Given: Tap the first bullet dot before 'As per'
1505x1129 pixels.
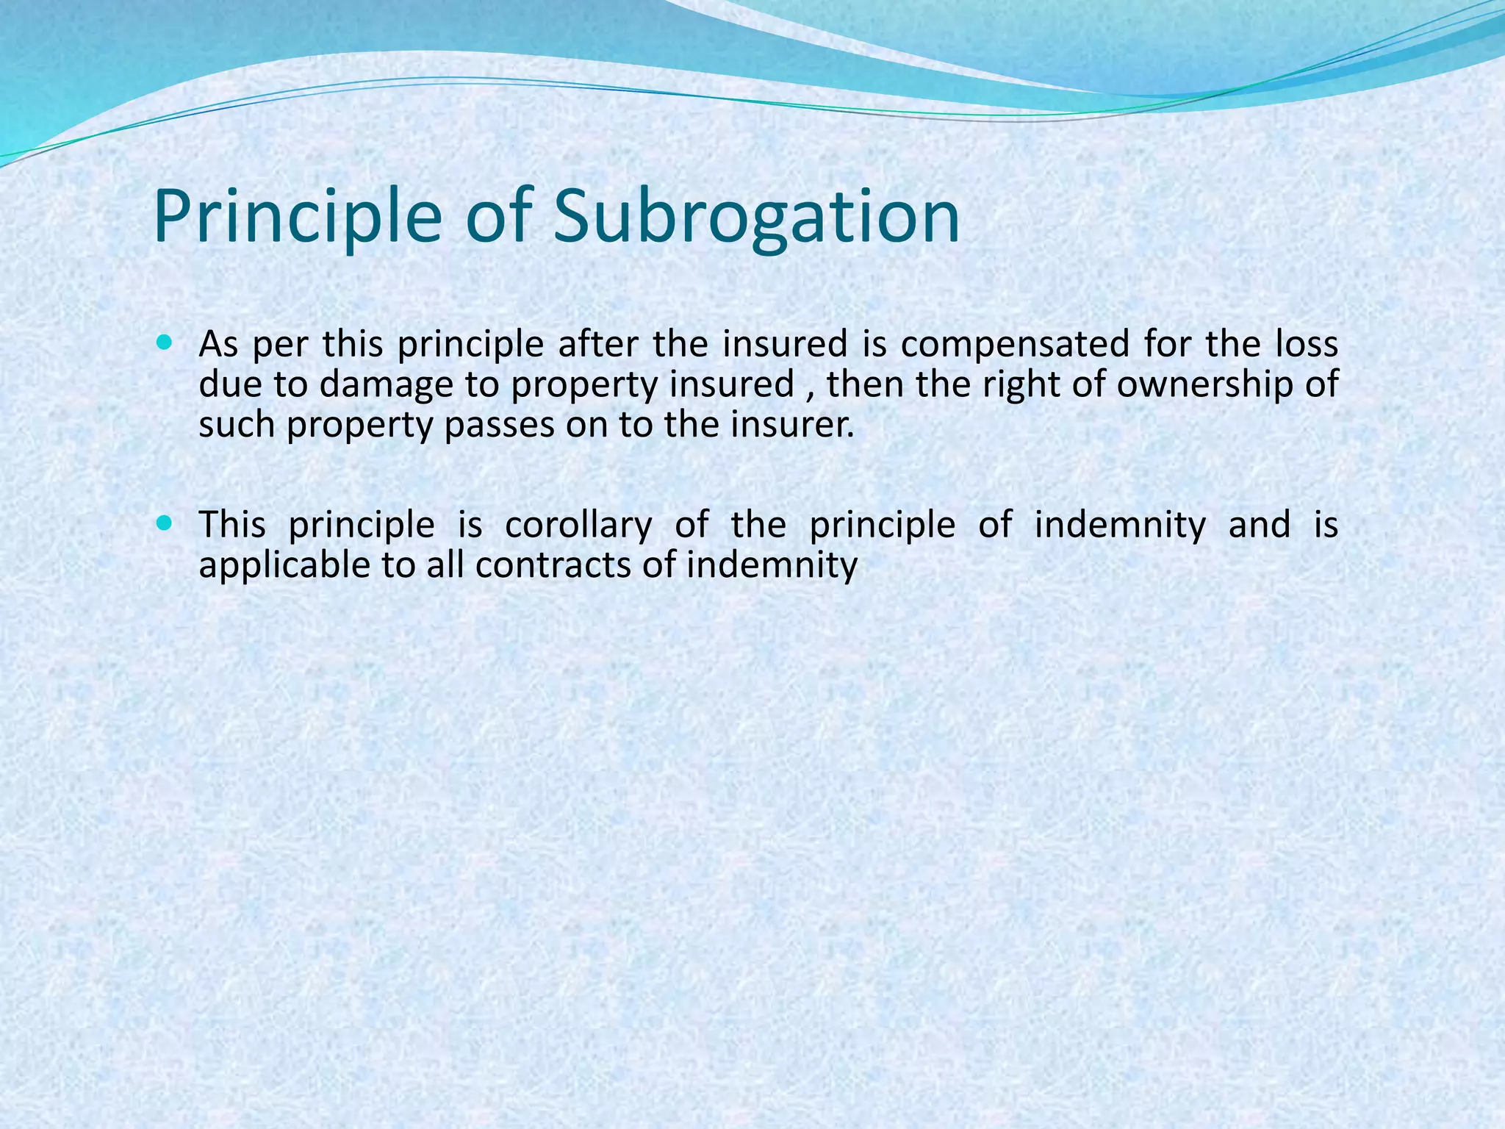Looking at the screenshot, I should coord(164,343).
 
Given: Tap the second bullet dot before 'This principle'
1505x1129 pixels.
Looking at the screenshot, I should coord(164,523).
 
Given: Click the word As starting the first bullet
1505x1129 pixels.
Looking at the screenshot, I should coord(218,344).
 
